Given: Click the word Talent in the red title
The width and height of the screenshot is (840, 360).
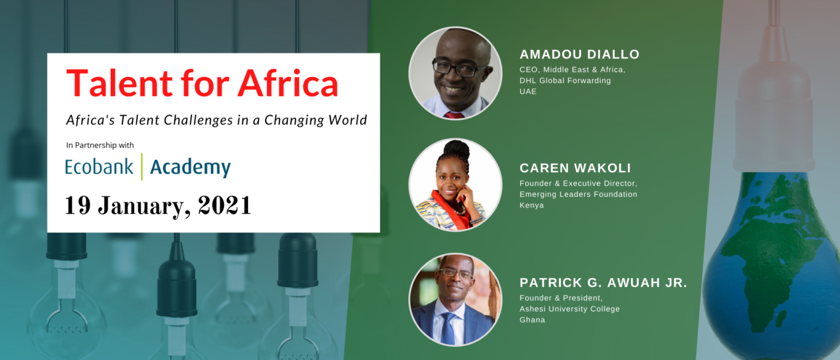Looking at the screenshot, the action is (x=119, y=83).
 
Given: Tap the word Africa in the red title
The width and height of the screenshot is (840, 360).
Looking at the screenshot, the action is (x=288, y=83).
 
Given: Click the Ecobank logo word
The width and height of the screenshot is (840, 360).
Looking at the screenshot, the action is (x=99, y=167).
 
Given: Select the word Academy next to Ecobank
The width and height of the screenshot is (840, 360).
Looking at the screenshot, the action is (x=190, y=167).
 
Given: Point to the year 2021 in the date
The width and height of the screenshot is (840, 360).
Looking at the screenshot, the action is (x=224, y=205).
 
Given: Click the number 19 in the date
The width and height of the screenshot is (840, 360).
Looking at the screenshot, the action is (x=78, y=205).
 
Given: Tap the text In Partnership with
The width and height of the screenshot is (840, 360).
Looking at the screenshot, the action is (x=100, y=145).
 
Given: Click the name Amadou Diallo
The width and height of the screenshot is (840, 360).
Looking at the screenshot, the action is (x=579, y=54).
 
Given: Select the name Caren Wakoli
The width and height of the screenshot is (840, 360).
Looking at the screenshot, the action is (x=575, y=168).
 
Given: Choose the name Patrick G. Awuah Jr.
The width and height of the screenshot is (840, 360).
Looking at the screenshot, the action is (x=603, y=282).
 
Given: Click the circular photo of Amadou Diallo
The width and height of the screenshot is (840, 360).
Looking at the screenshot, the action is (x=455, y=73).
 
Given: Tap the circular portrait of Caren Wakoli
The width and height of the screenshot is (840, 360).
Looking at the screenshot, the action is (x=455, y=185).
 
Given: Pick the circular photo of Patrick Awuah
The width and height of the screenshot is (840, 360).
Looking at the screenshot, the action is (x=455, y=300).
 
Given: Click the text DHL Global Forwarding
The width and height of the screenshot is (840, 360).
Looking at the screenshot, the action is (x=565, y=81).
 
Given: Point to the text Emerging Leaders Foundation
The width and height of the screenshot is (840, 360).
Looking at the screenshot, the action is (x=578, y=194).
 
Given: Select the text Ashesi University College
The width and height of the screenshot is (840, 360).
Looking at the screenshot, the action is (x=569, y=309).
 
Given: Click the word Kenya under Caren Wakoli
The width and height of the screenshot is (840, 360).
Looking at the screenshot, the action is (x=531, y=206).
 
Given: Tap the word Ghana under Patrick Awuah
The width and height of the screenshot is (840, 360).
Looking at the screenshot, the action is (x=532, y=320).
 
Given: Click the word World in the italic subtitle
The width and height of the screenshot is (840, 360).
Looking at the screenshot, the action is (x=348, y=120).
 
